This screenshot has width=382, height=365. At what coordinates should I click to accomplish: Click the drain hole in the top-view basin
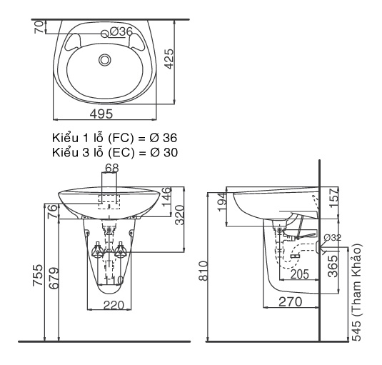coord(106,60)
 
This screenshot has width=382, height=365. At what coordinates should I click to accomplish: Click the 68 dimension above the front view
coord(111,169)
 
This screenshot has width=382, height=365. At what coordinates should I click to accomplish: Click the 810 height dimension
coord(202,271)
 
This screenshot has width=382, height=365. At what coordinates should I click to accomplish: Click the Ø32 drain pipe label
coord(333,238)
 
